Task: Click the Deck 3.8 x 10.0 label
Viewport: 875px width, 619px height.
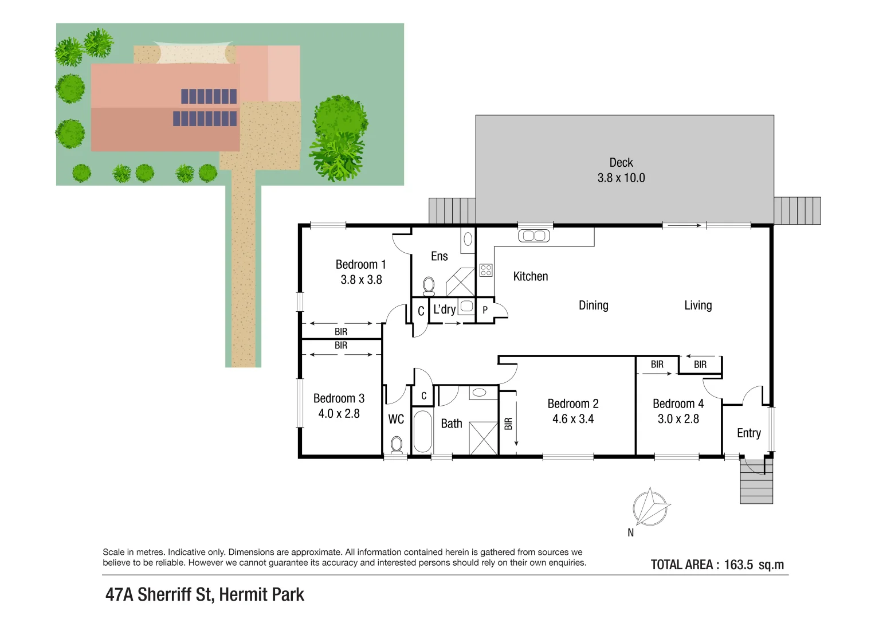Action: click(x=621, y=170)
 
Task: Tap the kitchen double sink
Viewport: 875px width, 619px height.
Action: click(x=533, y=236)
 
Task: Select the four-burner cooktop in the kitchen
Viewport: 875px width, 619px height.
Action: click(x=486, y=269)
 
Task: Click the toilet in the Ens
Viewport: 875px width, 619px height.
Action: click(x=429, y=285)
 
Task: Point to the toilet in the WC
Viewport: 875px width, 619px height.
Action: click(x=396, y=444)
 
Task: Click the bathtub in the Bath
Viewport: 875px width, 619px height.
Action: click(x=422, y=431)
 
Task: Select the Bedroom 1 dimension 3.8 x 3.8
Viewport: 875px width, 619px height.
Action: click(x=361, y=280)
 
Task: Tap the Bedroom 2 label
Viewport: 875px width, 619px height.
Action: click(x=572, y=403)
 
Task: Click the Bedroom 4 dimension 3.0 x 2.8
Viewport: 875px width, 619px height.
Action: click(x=678, y=419)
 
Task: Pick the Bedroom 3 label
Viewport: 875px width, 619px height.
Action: click(x=339, y=398)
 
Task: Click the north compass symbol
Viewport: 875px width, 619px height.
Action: click(x=650, y=508)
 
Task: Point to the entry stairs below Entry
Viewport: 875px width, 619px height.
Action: click(x=756, y=484)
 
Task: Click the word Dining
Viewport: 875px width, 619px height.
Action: click(x=593, y=305)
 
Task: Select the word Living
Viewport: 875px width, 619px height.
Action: click(x=698, y=305)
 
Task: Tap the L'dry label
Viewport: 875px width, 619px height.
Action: click(x=444, y=309)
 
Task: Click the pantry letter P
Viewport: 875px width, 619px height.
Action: click(x=485, y=310)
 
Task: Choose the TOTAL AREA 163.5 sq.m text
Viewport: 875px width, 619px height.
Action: click(x=717, y=565)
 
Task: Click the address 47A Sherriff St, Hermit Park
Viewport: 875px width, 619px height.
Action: click(x=205, y=594)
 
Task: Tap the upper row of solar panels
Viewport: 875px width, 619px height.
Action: click(x=209, y=96)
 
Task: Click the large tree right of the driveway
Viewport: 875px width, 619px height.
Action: click(x=339, y=138)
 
